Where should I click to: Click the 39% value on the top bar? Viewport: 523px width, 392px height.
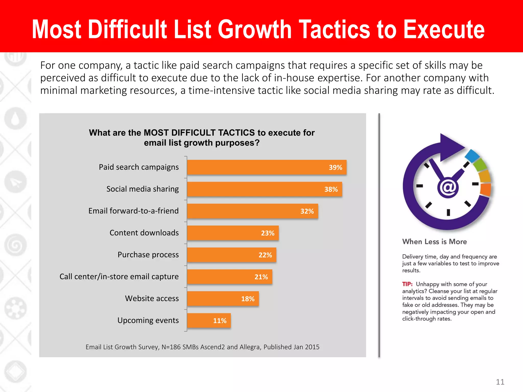335,167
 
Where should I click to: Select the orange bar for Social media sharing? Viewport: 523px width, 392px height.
264,189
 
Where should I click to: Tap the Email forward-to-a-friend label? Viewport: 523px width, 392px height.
133,211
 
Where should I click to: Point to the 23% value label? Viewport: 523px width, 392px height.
267,233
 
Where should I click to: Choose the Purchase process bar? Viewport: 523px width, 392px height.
231,255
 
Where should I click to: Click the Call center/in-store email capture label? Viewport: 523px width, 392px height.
119,276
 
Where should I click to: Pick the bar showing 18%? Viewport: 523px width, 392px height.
223,299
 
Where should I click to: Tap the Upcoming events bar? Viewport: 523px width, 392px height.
209,321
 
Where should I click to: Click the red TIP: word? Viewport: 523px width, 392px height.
407,284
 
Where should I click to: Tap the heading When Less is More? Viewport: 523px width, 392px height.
434,242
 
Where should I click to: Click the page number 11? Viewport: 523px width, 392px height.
500,382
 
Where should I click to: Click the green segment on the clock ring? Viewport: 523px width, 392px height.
480,165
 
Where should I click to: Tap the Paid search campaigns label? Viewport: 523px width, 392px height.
139,167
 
